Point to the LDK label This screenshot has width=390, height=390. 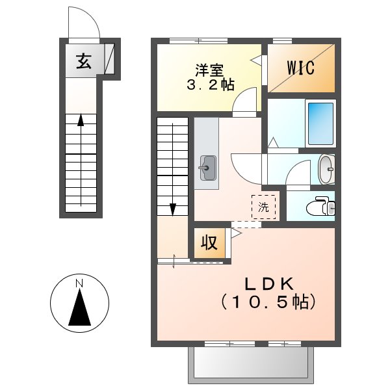click(270, 284)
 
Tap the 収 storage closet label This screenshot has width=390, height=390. click(209, 243)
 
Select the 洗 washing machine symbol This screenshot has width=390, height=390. click(263, 208)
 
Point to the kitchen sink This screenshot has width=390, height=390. click(207, 167)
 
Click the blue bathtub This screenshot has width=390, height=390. click(319, 124)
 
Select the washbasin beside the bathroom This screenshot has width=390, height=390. click(326, 169)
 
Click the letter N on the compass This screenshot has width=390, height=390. click(79, 283)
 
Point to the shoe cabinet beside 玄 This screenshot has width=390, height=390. click(109, 60)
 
